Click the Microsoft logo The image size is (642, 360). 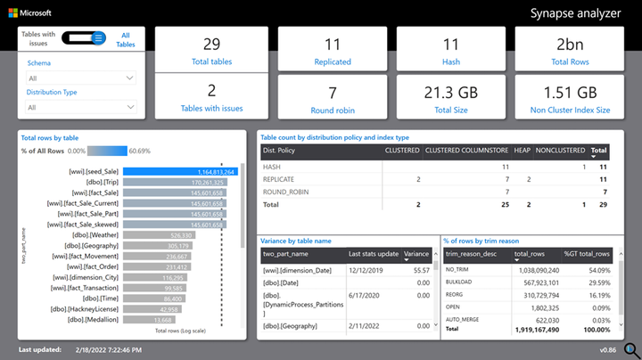12,13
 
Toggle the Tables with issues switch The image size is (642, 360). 87,37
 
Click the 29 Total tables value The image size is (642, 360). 211,44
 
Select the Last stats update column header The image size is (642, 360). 373,253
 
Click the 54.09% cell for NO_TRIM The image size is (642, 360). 597,269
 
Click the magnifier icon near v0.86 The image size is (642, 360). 630,348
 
